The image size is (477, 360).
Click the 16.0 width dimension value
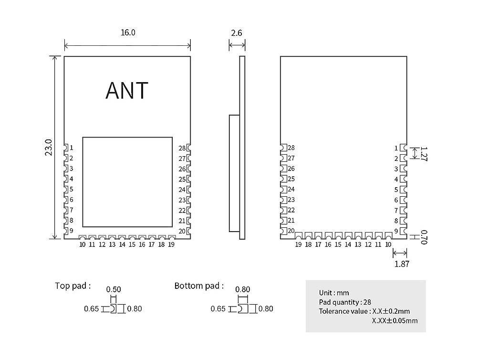(x=128, y=33)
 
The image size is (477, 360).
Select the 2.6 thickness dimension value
(x=237, y=33)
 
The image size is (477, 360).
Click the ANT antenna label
(x=127, y=90)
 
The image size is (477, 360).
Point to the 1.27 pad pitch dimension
(x=423, y=153)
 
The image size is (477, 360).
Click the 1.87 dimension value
(x=402, y=264)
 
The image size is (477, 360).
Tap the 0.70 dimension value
(x=424, y=237)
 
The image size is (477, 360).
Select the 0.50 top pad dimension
(x=114, y=289)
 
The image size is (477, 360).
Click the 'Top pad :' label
(x=73, y=286)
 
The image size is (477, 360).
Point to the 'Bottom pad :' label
(x=199, y=286)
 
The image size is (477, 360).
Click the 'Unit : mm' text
(x=334, y=293)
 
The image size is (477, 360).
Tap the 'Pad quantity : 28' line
(x=346, y=302)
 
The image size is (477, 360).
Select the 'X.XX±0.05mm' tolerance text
(x=394, y=320)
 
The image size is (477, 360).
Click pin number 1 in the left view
(x=72, y=148)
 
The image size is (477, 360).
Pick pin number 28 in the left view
(x=182, y=148)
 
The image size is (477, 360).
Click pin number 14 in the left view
(x=122, y=244)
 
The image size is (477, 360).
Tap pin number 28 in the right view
(x=291, y=148)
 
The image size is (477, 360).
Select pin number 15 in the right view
(x=338, y=244)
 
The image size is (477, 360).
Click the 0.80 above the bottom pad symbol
(x=243, y=289)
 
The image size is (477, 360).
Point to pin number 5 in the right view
(x=396, y=190)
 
